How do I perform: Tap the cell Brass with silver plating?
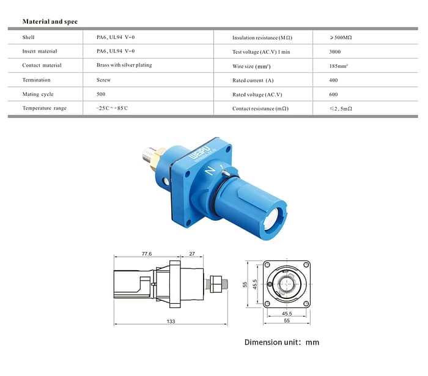[x=124, y=65]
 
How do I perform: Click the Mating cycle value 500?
[x=101, y=94]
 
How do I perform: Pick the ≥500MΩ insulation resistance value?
[x=340, y=38]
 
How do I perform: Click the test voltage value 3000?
[x=335, y=52]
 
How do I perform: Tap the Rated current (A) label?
[x=253, y=81]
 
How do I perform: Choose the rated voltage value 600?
[x=333, y=95]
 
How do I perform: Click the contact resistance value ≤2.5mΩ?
[x=341, y=109]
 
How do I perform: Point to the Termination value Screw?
[x=103, y=80]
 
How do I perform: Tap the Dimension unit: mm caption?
[x=281, y=342]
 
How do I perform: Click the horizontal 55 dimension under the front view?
[x=286, y=320]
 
